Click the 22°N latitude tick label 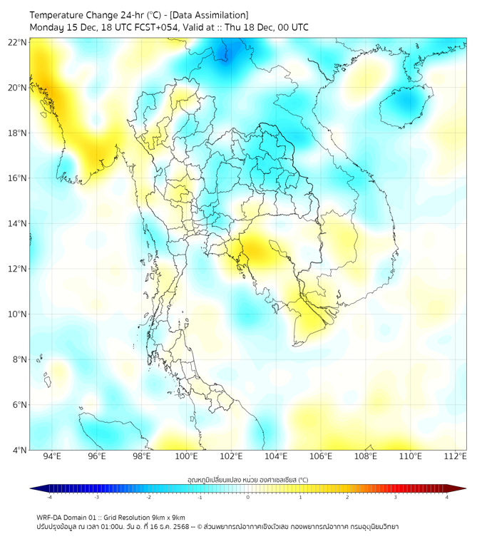[18, 43]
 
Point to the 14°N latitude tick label [18, 224]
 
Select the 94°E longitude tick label [52, 457]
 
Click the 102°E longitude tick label [231, 457]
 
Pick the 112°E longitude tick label [455, 457]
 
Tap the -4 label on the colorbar [48, 496]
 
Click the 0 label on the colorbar [248, 496]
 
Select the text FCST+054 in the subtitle [163, 27]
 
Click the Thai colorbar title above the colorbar [247, 479]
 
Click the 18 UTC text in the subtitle [124, 27]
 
